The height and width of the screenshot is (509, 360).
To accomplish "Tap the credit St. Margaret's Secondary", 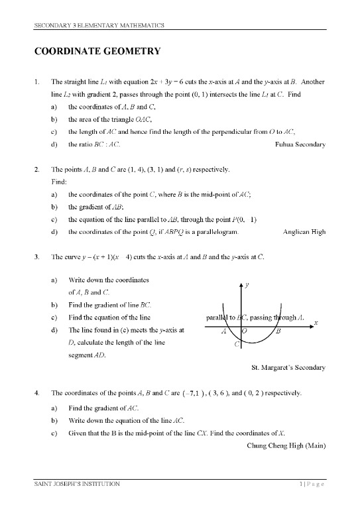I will [289, 367].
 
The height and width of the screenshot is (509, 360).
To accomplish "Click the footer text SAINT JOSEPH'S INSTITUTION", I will [78, 484].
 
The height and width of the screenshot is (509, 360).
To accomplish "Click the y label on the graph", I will [247, 285].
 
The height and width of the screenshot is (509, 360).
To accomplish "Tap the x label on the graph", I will [316, 322].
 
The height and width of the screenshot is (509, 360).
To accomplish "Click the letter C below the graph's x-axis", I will [237, 344].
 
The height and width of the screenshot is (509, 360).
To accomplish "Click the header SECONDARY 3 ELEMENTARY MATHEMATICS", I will [99, 25].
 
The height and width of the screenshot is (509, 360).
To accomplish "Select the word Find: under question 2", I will [60, 181].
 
